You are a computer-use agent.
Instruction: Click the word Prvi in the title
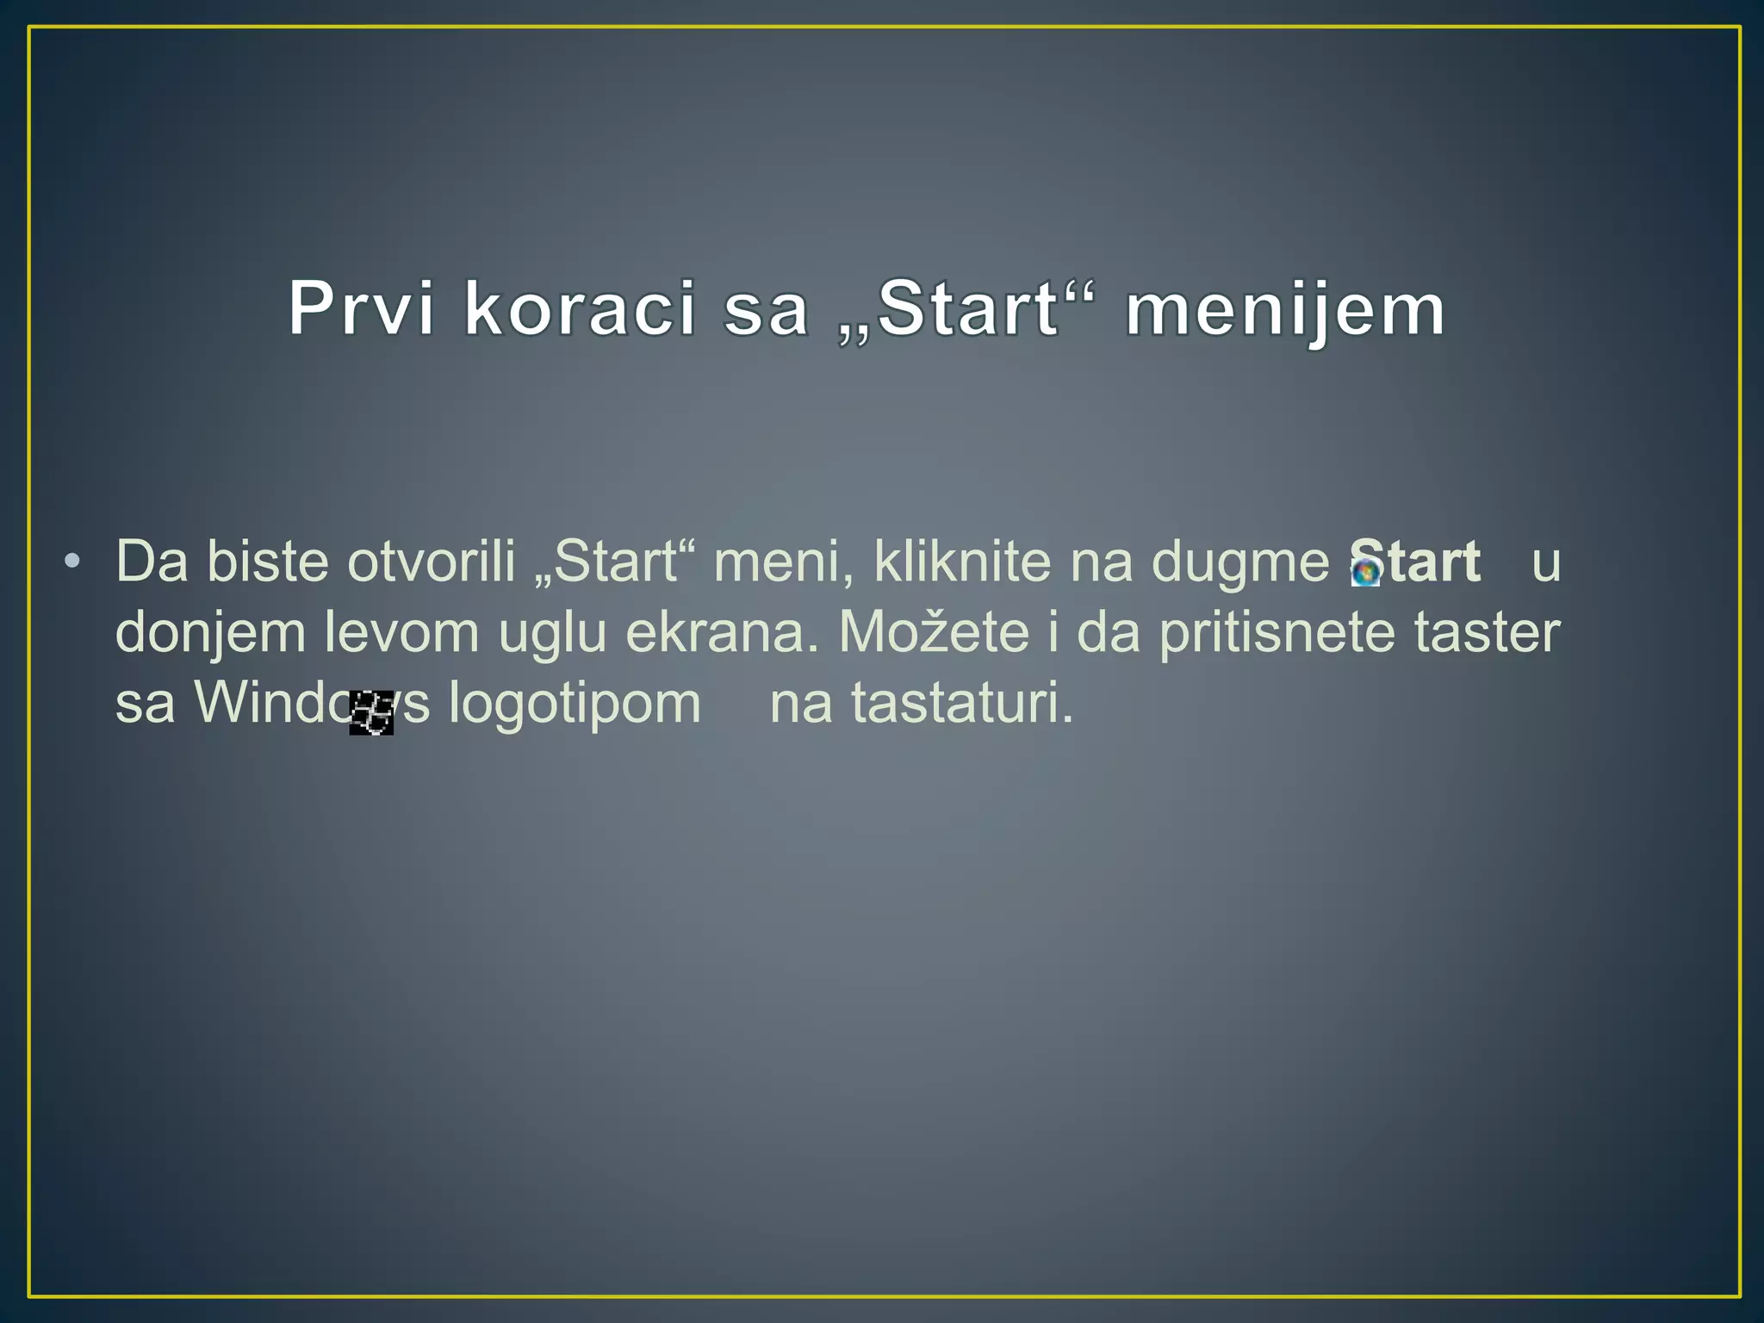pyautogui.click(x=361, y=309)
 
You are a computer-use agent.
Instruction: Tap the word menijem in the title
pyautogui.click(x=1285, y=309)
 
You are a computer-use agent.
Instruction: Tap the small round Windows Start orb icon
pyautogui.click(x=1365, y=572)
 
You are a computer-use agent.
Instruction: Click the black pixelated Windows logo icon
pyautogui.click(x=371, y=712)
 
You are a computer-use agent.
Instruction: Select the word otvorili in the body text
pyautogui.click(x=431, y=562)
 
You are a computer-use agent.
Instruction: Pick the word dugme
pyautogui.click(x=1240, y=562)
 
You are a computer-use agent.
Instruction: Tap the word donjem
pyautogui.click(x=210, y=633)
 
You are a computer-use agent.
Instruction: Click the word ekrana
pyautogui.click(x=721, y=633)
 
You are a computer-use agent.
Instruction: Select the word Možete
pyautogui.click(x=934, y=631)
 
